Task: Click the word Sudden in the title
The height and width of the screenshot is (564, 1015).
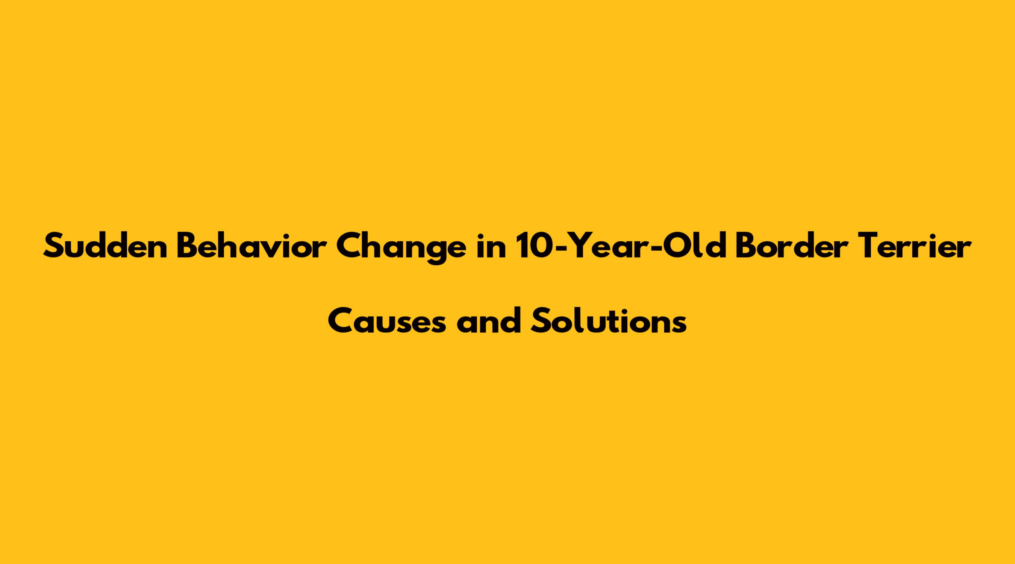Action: point(105,247)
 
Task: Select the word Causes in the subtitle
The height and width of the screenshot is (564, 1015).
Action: point(387,321)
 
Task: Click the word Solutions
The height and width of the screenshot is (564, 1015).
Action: point(608,321)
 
